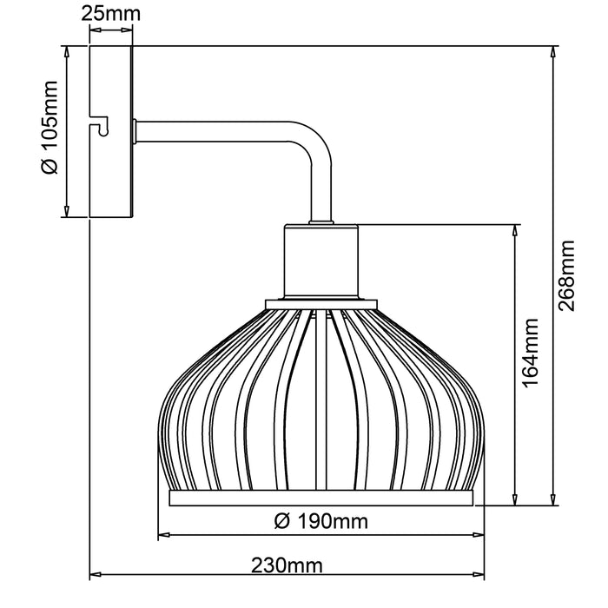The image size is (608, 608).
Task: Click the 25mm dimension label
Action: point(110,14)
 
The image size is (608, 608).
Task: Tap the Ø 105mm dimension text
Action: point(50,128)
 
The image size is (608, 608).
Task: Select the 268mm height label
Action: point(565,275)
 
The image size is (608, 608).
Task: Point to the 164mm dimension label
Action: point(530,353)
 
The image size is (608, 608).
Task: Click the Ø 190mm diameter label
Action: point(321,521)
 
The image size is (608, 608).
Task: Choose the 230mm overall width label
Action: point(287,565)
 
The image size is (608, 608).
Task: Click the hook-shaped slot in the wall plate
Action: point(99,125)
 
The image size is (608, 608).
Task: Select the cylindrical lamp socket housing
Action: point(321,261)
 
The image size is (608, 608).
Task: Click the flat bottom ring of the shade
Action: point(321,499)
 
